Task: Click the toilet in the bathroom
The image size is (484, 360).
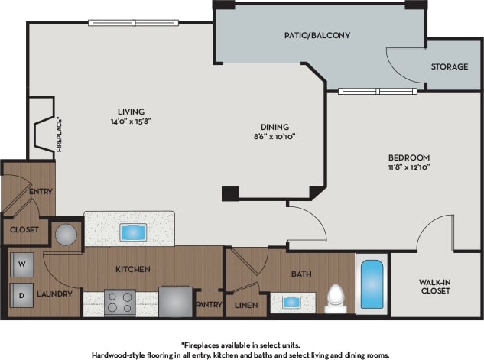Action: coord(336,297)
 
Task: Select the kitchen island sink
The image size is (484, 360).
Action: coord(132,232)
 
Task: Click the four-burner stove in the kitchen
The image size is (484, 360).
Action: coord(119,302)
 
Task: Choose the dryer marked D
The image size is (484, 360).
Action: coord(21,294)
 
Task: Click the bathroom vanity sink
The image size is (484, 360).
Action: coord(292,302)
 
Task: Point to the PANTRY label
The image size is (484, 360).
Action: coord(209,304)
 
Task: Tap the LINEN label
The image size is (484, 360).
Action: coord(245,305)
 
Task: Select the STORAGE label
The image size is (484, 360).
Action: coord(449,66)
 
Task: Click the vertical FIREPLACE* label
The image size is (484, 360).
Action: coord(59,134)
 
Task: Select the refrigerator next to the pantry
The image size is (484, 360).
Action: coord(175,301)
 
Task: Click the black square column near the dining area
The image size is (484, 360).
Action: coord(229,193)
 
